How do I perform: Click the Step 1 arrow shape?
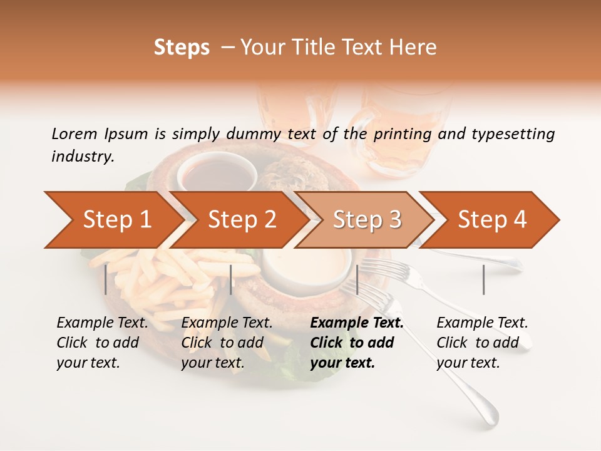113,220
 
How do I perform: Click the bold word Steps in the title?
182,47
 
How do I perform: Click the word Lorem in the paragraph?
74,133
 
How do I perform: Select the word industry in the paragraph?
83,156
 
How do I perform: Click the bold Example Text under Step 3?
357,323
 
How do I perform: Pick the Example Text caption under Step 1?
102,323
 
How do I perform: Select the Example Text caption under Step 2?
227,323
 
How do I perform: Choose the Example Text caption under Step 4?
482,323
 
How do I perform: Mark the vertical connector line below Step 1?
106,279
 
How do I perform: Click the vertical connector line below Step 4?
483,279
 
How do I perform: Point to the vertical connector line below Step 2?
231,279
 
